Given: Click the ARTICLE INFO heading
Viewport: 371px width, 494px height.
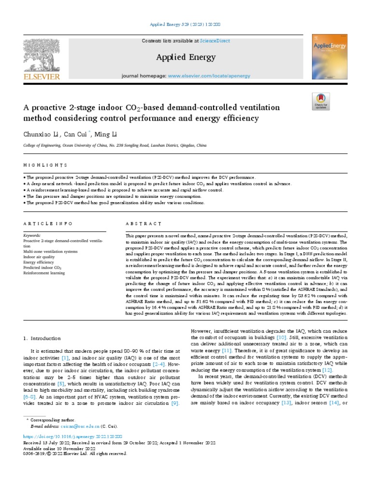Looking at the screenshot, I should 48,224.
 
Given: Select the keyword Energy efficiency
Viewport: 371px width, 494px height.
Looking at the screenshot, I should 40,262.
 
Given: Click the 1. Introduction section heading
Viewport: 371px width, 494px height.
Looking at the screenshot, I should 43,338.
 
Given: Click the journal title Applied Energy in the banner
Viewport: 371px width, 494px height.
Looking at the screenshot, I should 185,58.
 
